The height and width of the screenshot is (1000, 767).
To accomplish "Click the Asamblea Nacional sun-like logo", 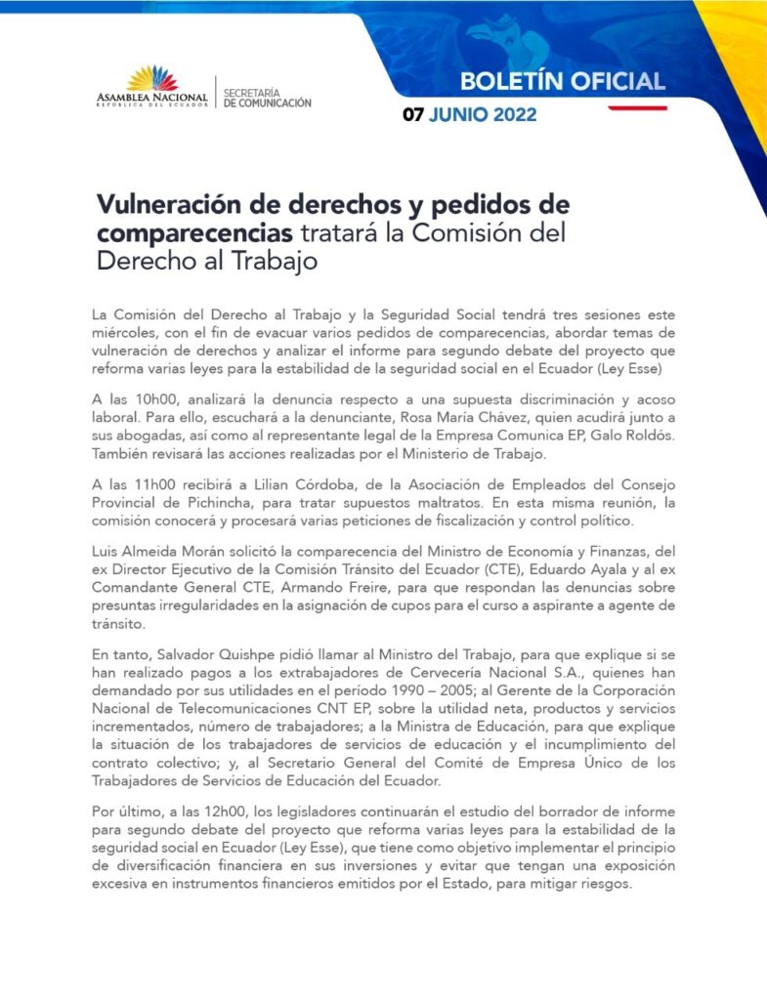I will click(x=152, y=78).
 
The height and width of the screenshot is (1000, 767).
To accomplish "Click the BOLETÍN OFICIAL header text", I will click(x=562, y=81).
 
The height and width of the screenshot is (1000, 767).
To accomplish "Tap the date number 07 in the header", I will click(x=413, y=115).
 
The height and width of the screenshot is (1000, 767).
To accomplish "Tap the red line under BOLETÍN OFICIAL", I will click(x=637, y=108).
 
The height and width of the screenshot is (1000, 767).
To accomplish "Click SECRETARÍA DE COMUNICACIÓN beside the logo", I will click(x=268, y=98).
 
